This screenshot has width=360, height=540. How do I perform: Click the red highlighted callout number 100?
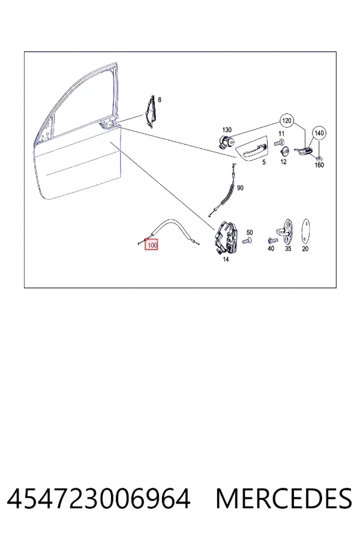(151, 245)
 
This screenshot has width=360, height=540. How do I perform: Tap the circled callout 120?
(287, 121)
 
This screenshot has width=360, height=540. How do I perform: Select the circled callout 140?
(319, 133)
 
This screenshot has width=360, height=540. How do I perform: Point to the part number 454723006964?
(98, 498)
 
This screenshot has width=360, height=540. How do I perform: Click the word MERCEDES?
(284, 498)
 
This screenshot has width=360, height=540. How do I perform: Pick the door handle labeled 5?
(252, 149)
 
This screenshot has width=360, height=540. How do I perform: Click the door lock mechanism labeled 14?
(226, 237)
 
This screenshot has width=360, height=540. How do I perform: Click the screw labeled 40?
(272, 241)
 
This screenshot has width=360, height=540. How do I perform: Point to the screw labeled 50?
(247, 241)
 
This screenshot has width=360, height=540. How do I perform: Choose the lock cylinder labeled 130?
(226, 142)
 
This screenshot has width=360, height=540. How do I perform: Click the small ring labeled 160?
(319, 158)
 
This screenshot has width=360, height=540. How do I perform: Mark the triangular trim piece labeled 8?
(150, 112)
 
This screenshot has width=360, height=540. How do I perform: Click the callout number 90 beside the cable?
(240, 188)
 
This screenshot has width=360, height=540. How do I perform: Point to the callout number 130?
(227, 130)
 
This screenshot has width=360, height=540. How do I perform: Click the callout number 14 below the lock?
(226, 259)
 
